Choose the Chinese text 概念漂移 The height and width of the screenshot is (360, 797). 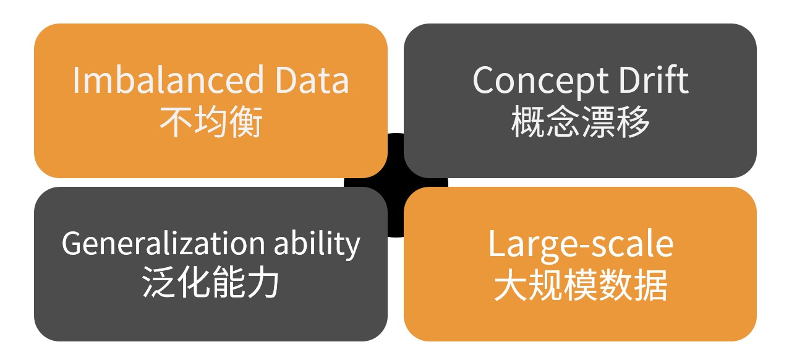coord(581,122)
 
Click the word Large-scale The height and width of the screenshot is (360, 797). coord(581,244)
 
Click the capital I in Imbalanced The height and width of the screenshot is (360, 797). coord(76,80)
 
